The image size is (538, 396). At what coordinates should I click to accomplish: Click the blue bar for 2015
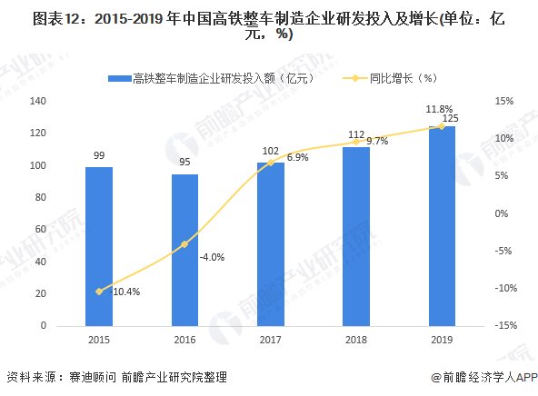99,245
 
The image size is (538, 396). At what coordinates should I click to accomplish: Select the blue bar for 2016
184,249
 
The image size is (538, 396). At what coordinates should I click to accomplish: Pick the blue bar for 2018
356,235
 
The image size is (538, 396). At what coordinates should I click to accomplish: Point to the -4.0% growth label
212,257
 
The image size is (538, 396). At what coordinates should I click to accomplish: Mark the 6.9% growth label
297,158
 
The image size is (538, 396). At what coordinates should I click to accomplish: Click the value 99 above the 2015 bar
99,156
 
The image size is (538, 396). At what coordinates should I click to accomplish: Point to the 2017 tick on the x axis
271,339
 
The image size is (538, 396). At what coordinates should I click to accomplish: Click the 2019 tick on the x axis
442,339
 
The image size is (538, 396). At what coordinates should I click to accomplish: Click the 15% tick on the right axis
504,101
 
